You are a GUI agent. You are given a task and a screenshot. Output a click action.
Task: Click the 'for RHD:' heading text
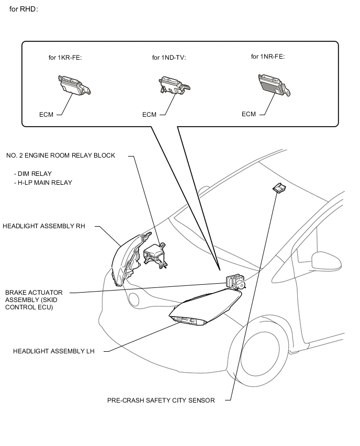tap(24, 9)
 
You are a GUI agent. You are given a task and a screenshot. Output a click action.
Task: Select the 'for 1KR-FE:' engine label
tap(65, 58)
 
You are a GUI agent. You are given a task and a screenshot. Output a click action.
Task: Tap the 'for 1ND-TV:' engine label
tap(169, 58)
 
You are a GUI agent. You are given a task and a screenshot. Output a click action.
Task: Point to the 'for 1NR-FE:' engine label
tap(268, 57)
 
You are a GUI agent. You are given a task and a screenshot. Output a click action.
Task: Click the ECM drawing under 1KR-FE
tap(74, 85)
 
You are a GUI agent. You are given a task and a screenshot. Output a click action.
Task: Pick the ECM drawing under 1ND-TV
tap(174, 85)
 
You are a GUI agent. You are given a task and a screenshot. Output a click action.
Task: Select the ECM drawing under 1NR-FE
tap(274, 85)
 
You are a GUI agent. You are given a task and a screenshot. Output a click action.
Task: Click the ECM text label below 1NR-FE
tap(249, 114)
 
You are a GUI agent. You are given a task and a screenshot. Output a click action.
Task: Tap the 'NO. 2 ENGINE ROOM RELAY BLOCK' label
tap(61, 155)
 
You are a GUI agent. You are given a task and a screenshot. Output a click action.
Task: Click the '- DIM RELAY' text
tap(32, 173)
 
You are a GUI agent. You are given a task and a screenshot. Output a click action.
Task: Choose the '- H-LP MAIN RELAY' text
tap(43, 182)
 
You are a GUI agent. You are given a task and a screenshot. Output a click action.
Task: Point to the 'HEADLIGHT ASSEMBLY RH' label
tap(44, 226)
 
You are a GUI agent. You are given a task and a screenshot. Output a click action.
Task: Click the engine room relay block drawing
tap(155, 255)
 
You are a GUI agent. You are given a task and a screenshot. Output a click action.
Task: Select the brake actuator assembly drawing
tap(235, 282)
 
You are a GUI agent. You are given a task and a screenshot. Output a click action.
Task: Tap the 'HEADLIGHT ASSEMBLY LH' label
tap(54, 351)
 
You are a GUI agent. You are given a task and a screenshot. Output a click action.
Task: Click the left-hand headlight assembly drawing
tap(205, 307)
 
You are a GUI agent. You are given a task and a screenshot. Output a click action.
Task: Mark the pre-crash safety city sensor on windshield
tap(279, 188)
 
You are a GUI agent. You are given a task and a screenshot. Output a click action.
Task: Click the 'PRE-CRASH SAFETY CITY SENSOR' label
tap(161, 400)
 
